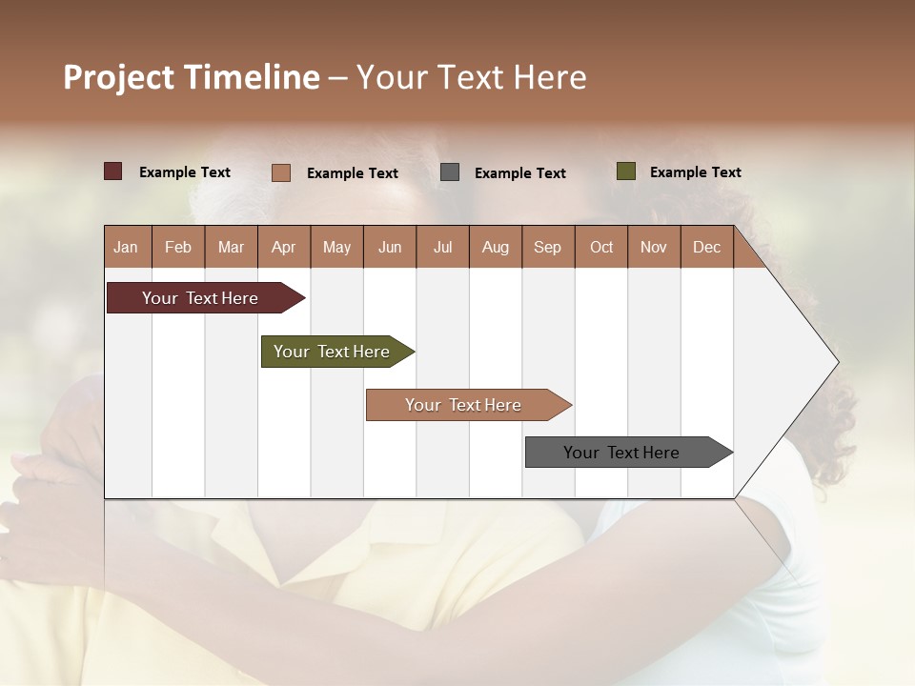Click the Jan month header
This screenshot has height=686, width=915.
(126, 247)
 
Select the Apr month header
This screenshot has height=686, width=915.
(283, 247)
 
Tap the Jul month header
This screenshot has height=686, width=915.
(442, 247)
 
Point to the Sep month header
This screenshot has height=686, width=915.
(547, 247)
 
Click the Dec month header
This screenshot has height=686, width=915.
(706, 247)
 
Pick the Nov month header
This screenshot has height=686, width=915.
(653, 247)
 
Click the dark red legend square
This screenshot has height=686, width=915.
(113, 171)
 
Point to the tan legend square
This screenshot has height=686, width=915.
(280, 172)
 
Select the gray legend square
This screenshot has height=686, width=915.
(450, 172)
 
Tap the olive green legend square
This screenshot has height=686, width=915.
(625, 171)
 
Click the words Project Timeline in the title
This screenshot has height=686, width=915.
(191, 77)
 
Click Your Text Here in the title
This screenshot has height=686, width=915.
(472, 77)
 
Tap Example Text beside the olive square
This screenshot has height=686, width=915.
(695, 172)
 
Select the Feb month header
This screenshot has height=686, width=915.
(178, 247)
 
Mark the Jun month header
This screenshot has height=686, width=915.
(390, 247)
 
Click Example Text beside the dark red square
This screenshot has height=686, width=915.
(185, 172)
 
